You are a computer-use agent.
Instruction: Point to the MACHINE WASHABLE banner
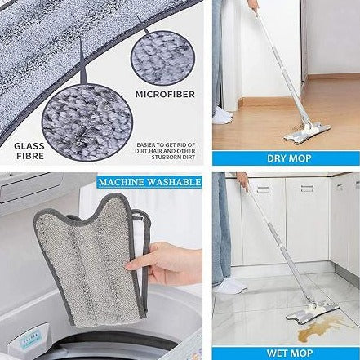tap(149, 181)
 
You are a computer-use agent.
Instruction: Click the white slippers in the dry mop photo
tap(222, 116)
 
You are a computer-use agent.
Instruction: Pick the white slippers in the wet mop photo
tap(230, 286)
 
